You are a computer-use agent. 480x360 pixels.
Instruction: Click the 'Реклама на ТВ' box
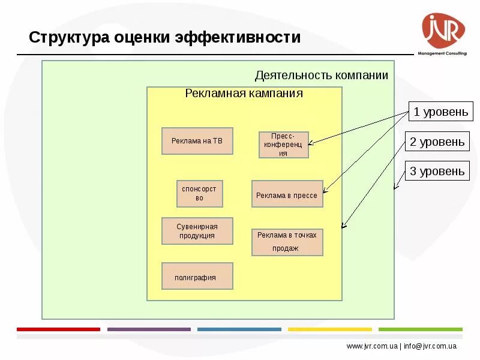(197, 141)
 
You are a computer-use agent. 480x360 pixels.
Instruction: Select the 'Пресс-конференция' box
(284, 145)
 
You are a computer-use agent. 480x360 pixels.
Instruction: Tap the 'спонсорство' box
(200, 193)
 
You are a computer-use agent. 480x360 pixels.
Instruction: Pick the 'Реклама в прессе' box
(287, 194)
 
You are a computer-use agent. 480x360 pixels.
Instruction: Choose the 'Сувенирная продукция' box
(197, 231)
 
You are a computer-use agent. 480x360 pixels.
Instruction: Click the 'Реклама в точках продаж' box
(287, 242)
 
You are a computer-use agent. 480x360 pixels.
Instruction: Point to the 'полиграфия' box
(197, 276)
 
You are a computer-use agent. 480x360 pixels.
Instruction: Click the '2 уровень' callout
(437, 142)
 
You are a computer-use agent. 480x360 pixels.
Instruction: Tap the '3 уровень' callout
(437, 172)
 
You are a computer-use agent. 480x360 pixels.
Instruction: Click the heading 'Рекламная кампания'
(244, 94)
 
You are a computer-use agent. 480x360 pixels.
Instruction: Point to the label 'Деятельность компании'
(321, 76)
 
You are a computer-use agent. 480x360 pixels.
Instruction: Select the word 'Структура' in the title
(68, 38)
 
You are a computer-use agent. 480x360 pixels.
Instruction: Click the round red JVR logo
(443, 31)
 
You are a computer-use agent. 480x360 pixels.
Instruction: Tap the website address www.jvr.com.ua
(372, 346)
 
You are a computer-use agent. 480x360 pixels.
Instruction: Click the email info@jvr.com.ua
(430, 346)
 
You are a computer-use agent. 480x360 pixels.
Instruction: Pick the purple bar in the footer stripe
(148, 329)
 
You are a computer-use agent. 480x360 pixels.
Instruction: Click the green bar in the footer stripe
(420, 329)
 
